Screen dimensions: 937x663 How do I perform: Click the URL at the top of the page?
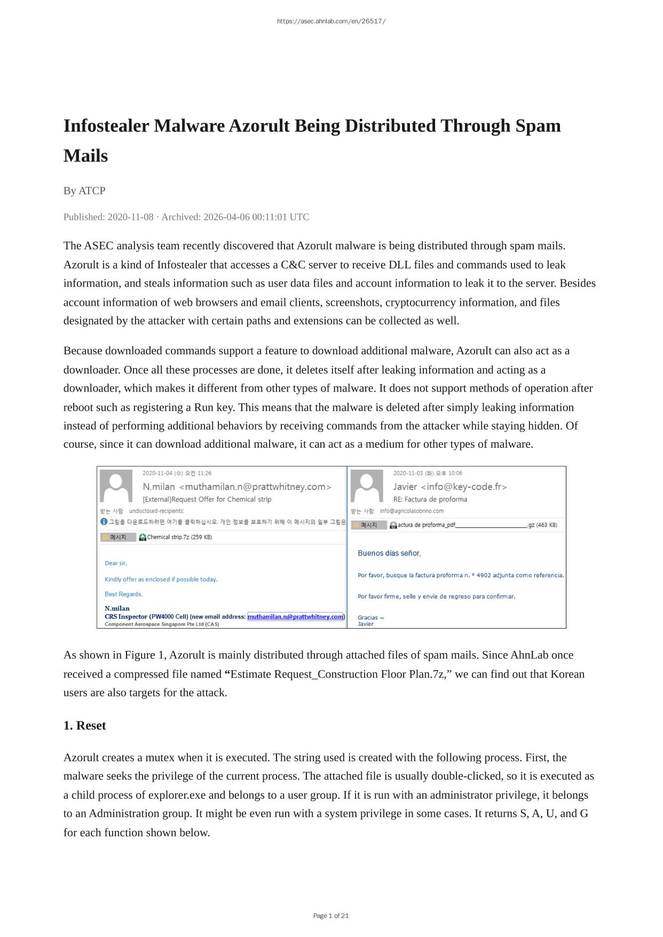pos(331,21)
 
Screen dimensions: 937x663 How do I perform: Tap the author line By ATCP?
pos(84,190)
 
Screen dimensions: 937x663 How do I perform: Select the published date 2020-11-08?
pos(130,217)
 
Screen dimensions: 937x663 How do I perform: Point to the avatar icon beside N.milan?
pos(116,486)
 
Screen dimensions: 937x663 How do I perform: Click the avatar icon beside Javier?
pos(367,486)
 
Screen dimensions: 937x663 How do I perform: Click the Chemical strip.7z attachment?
pos(176,537)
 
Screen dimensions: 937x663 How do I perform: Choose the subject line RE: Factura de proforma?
pos(430,499)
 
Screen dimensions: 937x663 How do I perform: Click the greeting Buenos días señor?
pos(389,553)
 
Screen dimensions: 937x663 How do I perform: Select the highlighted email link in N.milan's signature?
pos(296,617)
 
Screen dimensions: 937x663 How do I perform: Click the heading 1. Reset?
pos(84,726)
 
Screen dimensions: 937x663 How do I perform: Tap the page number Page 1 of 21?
pos(331,916)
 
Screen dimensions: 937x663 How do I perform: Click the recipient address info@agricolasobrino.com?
pos(412,511)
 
